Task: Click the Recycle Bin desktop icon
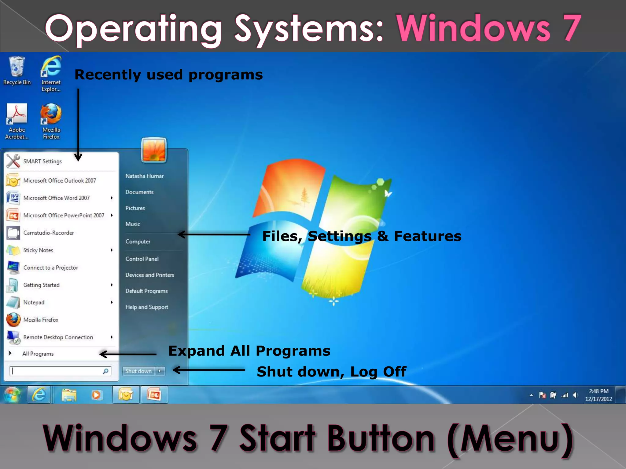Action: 17,70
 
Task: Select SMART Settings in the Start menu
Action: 42,162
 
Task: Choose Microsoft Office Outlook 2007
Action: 60,181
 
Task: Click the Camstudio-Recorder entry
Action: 49,233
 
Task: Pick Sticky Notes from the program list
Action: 38,250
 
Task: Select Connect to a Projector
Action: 51,268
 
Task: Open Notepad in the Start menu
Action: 34,303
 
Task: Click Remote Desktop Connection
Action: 58,337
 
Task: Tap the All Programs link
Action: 38,354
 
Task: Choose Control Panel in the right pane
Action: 142,259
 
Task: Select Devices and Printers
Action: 150,275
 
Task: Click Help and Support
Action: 147,307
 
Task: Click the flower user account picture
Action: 154,150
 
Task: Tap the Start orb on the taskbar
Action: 12,395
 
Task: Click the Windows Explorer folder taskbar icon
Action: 69,395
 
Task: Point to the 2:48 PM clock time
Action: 598,391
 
